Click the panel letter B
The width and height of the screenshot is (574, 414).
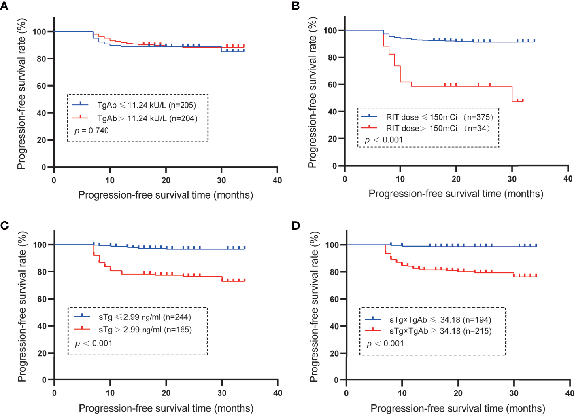pos(296,6)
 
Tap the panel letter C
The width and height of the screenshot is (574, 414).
pos(4,225)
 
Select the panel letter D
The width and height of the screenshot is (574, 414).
pos(296,225)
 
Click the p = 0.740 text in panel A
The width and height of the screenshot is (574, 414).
pos(91,131)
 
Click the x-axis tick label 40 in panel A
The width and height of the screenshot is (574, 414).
pos(277,180)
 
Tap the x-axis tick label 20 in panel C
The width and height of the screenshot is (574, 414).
pos(166,393)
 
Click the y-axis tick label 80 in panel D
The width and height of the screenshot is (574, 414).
pos(334,272)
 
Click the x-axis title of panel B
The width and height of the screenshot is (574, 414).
pos(456,194)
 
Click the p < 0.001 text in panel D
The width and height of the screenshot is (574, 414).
pos(385,344)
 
